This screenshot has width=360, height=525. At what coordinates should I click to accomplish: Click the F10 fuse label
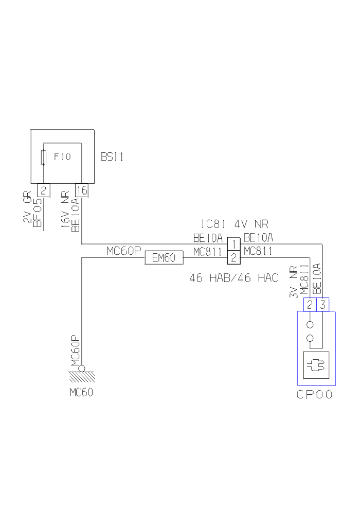(x=62, y=156)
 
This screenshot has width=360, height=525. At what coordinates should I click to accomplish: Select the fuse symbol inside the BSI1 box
(x=44, y=157)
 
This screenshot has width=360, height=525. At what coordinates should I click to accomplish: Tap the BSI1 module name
(x=112, y=157)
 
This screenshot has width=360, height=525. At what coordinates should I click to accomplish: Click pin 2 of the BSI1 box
(x=44, y=190)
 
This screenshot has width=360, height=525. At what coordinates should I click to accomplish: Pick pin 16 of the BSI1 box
(x=82, y=190)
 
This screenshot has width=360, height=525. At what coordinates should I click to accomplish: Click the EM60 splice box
(x=165, y=258)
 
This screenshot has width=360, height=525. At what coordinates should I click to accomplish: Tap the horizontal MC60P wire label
(x=123, y=251)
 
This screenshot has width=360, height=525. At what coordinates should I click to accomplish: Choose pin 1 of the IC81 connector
(x=234, y=243)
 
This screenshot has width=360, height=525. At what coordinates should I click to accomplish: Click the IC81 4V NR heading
(x=235, y=224)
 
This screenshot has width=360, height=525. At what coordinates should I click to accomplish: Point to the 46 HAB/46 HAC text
(x=234, y=278)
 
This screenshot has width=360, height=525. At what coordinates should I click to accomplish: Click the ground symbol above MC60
(x=81, y=373)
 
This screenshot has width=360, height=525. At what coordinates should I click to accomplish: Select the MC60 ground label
(x=81, y=393)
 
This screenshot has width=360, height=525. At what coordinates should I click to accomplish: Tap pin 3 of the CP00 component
(x=322, y=305)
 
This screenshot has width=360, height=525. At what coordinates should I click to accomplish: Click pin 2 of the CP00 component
(x=310, y=305)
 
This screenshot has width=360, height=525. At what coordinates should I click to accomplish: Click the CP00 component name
(x=314, y=395)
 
